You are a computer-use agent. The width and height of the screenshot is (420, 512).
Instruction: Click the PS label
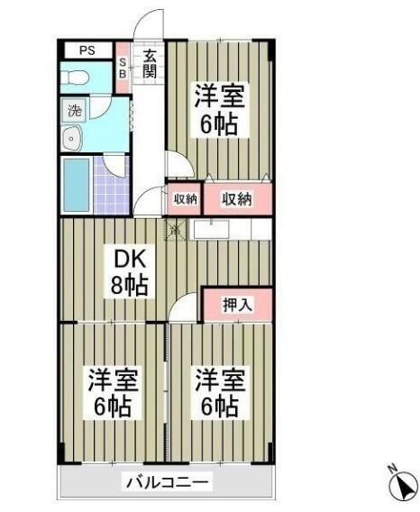87,50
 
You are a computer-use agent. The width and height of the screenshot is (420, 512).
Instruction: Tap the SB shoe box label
124,69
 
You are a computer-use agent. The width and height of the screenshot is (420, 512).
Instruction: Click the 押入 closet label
237,305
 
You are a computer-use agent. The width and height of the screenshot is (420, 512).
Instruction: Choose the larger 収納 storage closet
237,199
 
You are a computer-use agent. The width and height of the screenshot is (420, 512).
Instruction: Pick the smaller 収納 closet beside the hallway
184,199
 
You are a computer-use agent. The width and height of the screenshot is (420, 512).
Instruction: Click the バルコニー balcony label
164,482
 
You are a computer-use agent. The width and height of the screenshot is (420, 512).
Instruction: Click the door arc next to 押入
185,308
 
